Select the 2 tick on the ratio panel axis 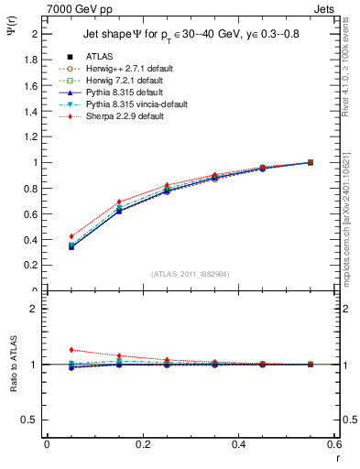click(30, 310)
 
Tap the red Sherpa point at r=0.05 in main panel click(71, 236)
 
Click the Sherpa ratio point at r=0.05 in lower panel click(71, 350)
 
